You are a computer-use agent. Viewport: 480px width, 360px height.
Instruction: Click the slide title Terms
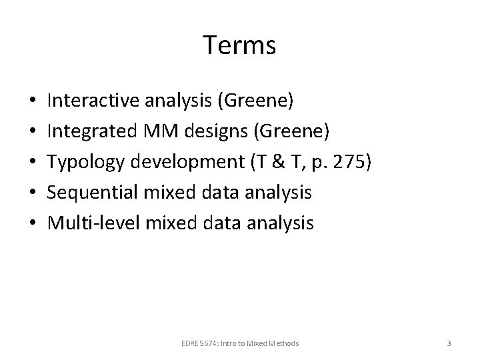point(239,46)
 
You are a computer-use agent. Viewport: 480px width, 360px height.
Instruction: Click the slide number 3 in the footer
point(449,343)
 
